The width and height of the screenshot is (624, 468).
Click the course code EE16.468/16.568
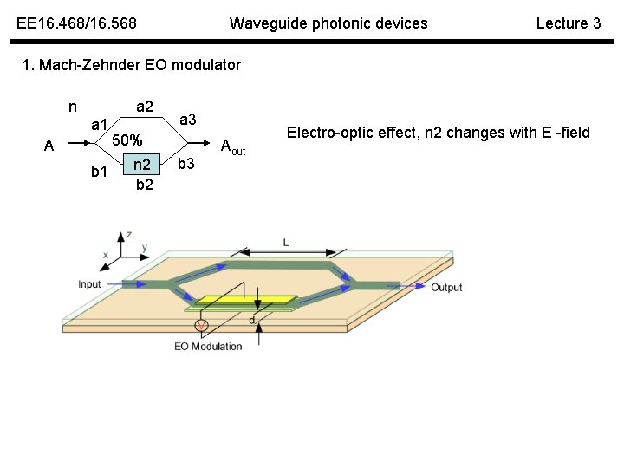76,23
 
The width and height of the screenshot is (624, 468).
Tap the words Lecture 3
568,23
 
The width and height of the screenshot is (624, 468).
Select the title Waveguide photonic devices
328,23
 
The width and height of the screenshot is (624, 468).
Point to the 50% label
128,140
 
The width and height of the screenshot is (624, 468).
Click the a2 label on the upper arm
144,107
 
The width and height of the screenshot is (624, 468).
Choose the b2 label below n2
145,184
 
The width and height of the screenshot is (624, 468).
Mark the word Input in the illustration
89,284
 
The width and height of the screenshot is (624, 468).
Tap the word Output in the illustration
446,287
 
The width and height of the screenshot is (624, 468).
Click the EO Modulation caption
208,347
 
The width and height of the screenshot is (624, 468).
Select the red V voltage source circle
202,325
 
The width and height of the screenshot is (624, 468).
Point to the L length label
286,243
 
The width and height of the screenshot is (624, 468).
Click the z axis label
129,234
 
